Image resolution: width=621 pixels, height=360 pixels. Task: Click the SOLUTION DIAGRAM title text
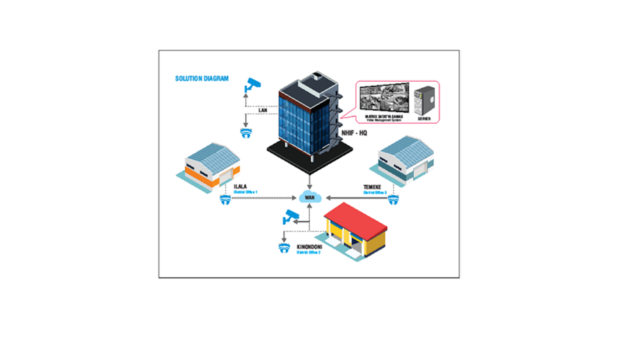click(202, 78)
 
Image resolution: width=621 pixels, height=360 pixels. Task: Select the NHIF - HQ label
click(354, 132)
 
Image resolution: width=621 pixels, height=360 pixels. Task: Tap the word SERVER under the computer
click(424, 119)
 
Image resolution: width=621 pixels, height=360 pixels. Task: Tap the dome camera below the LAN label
click(246, 132)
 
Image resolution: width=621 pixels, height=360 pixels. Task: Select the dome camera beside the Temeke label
click(394, 199)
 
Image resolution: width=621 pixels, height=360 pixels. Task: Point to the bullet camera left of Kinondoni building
click(291, 217)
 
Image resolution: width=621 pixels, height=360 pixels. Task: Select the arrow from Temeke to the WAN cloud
click(351, 197)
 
